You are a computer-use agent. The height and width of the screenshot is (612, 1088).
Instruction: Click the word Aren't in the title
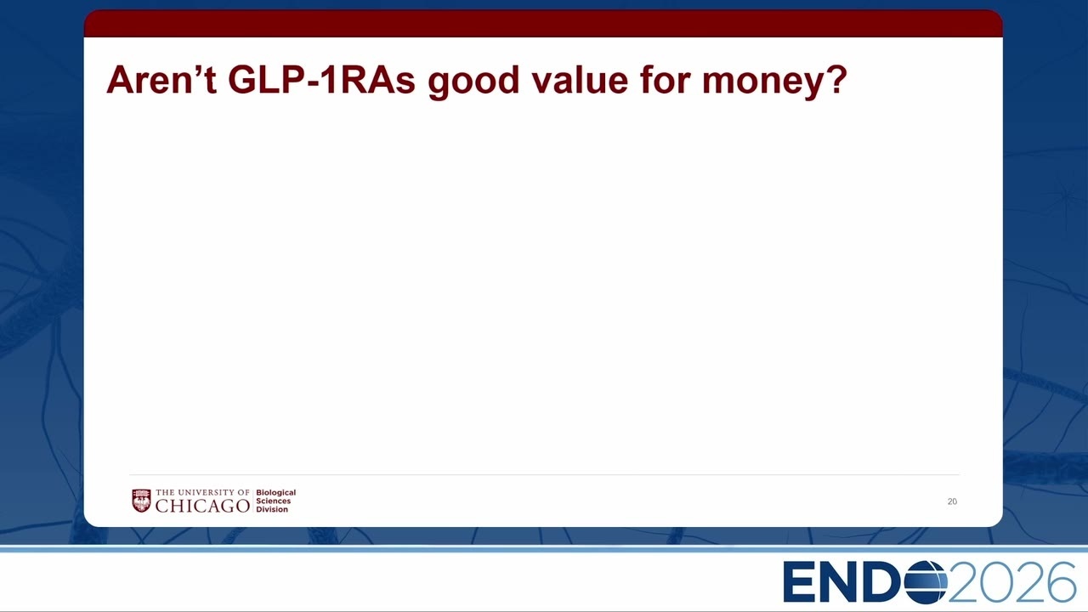click(161, 80)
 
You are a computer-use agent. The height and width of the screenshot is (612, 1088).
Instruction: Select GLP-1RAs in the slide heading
click(321, 80)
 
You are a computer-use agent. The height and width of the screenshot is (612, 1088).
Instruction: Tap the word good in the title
click(473, 82)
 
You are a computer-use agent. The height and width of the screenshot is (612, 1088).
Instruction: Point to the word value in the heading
click(580, 80)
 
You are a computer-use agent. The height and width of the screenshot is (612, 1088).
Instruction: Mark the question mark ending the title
click(836, 80)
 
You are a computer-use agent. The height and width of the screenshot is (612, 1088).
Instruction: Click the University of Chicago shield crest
click(141, 501)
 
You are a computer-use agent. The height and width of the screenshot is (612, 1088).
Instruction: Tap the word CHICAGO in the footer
click(202, 506)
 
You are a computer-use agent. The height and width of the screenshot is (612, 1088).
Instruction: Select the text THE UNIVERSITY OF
click(202, 492)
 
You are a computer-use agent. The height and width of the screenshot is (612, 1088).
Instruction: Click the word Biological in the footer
click(276, 493)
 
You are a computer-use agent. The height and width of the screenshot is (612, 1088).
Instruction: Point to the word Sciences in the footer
click(274, 501)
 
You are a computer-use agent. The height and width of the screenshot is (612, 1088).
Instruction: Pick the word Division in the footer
click(272, 509)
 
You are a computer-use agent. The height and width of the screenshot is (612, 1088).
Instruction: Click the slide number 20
click(952, 501)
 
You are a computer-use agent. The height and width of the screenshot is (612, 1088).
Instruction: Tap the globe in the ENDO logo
click(926, 582)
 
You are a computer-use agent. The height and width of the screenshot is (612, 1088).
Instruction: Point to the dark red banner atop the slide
click(543, 23)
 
